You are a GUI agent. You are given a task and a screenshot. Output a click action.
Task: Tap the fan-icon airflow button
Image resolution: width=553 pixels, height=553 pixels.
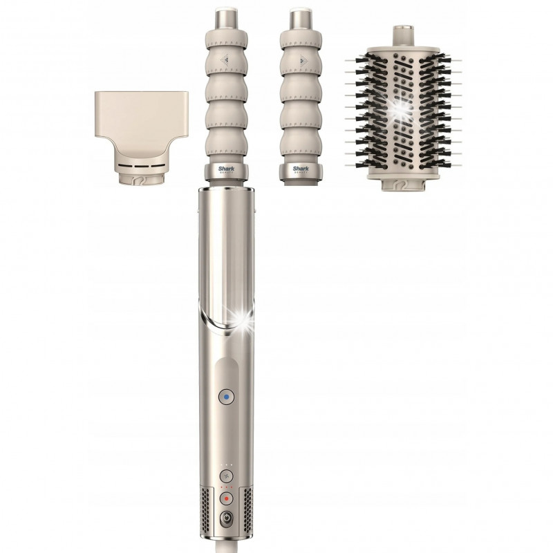click(x=225, y=477)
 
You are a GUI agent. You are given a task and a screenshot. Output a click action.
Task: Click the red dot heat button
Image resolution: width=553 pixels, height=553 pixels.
click(x=225, y=498)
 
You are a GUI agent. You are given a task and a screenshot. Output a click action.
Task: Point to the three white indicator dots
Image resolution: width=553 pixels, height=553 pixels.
click(x=225, y=465)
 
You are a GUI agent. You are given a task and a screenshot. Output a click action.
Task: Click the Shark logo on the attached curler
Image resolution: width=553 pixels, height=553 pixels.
click(x=227, y=167)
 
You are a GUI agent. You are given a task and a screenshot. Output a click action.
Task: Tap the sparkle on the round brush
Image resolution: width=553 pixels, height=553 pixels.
click(x=397, y=107)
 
